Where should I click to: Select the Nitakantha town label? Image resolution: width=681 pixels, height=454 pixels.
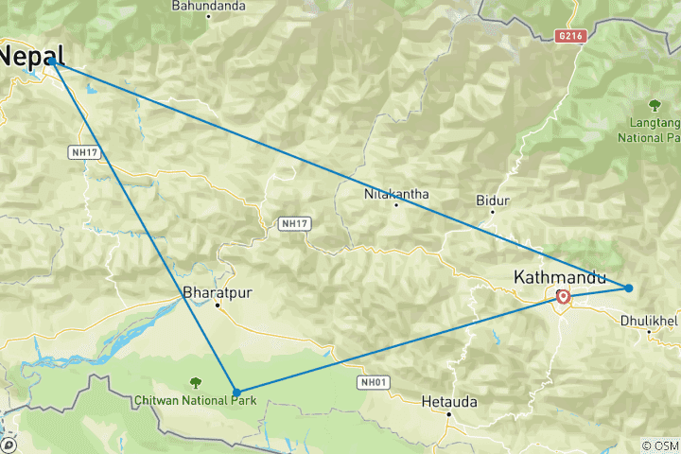(396, 195)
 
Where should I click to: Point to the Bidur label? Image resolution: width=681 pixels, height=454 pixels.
(494, 201)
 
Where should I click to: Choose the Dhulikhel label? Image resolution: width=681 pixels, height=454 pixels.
(650, 321)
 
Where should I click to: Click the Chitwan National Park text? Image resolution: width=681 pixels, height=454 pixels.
(194, 399)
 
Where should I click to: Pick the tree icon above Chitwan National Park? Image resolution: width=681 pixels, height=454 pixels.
(195, 382)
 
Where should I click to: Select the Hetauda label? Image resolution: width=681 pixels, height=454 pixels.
(448, 402)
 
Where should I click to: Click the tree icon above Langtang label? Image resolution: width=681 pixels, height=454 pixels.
(654, 104)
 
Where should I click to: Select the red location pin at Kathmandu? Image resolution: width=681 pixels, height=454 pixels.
(563, 297)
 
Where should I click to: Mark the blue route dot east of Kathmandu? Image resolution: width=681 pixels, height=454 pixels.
(628, 288)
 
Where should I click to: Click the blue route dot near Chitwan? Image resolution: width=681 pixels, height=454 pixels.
(236, 392)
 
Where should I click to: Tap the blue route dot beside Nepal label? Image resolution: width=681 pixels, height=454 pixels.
(53, 62)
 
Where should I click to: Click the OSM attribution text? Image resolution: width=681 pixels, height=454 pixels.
(660, 445)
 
